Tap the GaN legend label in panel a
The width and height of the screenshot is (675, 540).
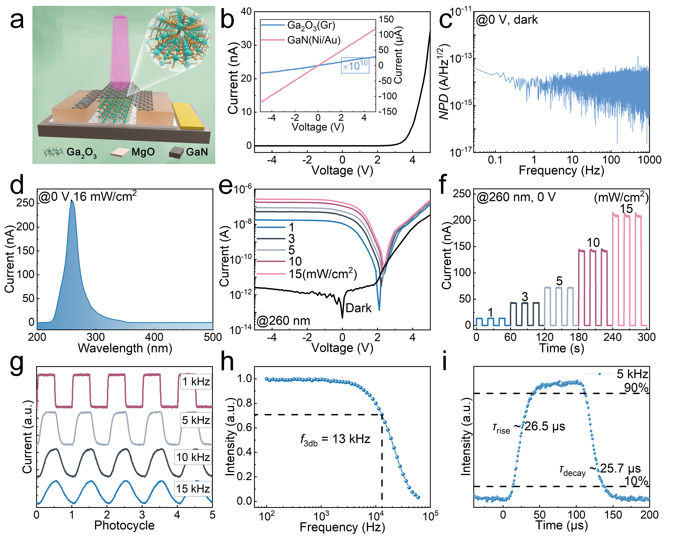[x=197, y=152]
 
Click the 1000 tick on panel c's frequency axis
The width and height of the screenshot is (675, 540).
[x=649, y=160]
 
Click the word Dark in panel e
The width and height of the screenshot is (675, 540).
[x=358, y=308]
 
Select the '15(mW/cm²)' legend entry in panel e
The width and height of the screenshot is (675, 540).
[x=322, y=274]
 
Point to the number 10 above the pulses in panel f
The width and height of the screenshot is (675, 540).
[x=593, y=243]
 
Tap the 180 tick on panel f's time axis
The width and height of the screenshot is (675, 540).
[x=579, y=337]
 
